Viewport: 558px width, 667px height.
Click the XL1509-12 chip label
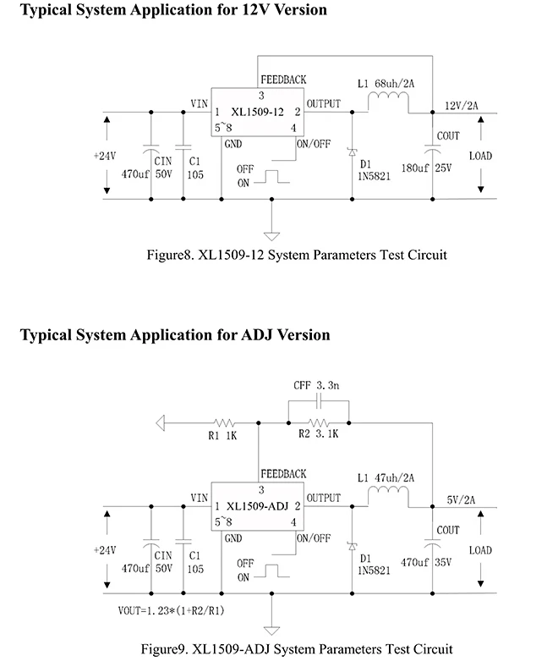click(257, 113)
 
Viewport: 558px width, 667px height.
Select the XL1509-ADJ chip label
click(258, 506)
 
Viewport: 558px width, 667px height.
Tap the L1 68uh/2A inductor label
click(386, 83)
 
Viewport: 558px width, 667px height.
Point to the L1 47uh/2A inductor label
click(386, 477)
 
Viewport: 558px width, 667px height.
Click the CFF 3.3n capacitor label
click(316, 385)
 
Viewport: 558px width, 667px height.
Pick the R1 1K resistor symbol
click(224, 423)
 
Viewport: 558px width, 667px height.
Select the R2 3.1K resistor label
click(318, 434)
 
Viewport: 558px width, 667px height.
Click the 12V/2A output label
click(461, 106)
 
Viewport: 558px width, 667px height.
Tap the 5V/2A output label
click(461, 499)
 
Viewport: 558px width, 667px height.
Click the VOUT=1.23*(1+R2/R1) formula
click(172, 610)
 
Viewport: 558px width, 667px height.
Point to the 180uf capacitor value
click(415, 168)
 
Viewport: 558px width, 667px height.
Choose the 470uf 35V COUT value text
click(426, 562)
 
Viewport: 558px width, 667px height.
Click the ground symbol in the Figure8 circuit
click(271, 236)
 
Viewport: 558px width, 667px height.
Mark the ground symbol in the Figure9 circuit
click(271, 631)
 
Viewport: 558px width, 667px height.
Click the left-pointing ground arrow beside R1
click(161, 423)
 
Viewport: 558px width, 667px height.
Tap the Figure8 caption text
click(297, 255)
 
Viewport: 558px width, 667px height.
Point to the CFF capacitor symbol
click(320, 400)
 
